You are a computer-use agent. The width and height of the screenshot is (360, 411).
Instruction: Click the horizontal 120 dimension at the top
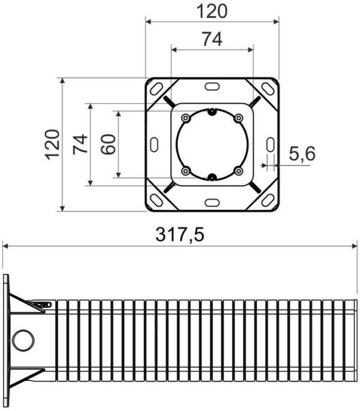212,10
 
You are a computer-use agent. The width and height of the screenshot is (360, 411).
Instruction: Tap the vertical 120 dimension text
52,144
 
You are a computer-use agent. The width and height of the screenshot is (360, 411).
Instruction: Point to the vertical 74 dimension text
80,144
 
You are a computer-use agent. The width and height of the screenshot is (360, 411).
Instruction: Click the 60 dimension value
108,144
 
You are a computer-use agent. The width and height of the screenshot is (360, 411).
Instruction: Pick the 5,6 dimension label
302,154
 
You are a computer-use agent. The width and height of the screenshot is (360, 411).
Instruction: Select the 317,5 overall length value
180,235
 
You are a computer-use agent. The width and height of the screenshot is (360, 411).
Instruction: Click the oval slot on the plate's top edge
212,86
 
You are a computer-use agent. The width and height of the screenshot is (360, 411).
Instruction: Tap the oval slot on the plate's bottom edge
212,203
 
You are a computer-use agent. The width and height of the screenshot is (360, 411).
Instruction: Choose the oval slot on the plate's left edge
154,145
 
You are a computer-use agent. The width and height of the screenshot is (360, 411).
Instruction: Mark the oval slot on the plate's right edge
270,145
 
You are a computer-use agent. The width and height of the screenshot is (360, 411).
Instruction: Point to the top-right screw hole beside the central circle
238,118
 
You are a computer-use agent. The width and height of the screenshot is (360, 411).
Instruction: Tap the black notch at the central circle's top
212,111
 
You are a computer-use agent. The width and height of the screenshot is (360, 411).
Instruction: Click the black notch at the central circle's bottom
212,177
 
